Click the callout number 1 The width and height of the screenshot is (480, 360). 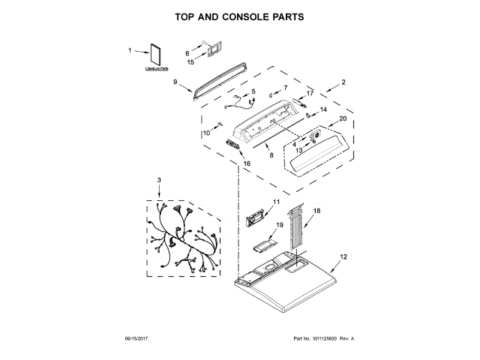coord(130,50)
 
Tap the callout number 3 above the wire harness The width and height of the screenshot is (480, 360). coord(159,180)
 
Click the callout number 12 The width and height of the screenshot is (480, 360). coord(344,257)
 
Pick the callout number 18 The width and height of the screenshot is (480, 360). coord(316,211)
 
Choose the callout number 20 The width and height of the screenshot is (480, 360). coord(343,118)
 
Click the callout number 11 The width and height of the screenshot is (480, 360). coord(276,202)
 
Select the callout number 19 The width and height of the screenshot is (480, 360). coord(279,225)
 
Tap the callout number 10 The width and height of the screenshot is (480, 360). coord(206,133)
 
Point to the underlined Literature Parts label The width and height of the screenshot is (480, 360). coord(157,69)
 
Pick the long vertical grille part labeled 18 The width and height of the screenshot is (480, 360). coord(300,229)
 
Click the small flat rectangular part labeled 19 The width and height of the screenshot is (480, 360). coord(262,244)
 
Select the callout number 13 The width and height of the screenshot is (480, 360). coord(298,150)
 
